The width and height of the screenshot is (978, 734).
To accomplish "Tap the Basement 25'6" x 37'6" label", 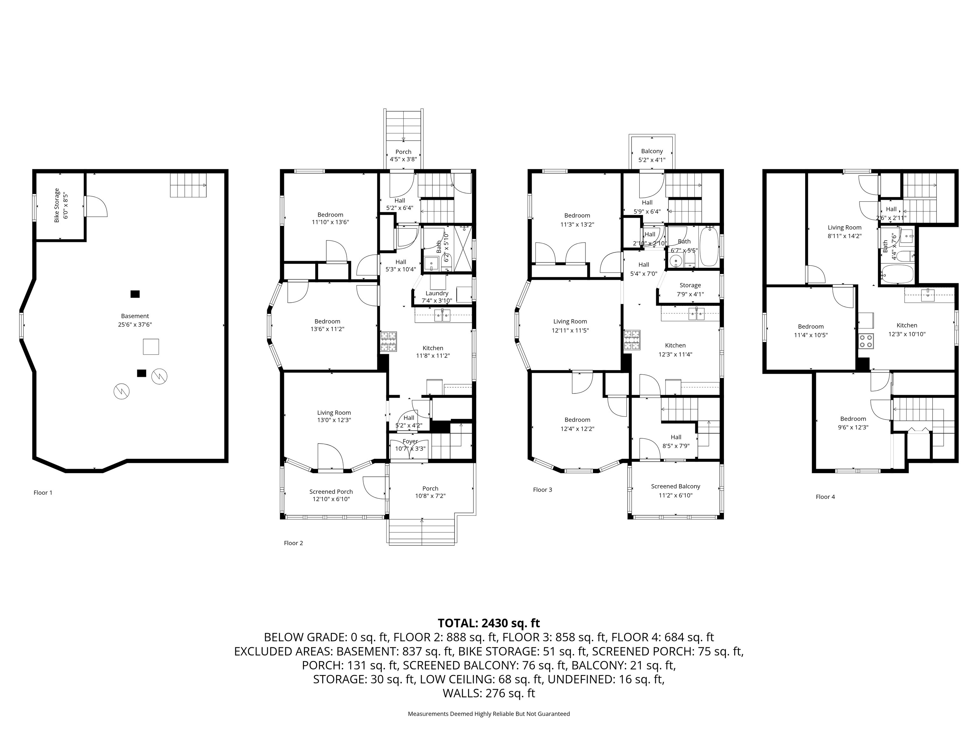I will pos(135,320).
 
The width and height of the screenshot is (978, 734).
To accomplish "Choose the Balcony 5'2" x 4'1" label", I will pos(652,155).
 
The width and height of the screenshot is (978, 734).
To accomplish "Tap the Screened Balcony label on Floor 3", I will pos(675,491).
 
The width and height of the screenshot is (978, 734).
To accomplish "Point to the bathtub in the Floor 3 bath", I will pos(709,247).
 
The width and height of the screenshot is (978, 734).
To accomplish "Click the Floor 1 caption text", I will pos(43,493).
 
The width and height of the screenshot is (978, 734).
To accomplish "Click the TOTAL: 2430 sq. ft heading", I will pos(489,623).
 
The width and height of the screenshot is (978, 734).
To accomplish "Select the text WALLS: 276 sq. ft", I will pos(489,693).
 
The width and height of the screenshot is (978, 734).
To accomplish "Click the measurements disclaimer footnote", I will pos(489,714).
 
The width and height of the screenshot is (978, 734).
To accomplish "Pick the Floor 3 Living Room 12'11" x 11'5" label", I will pos(570,326).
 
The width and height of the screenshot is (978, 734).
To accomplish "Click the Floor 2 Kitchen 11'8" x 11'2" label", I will pos(432,352).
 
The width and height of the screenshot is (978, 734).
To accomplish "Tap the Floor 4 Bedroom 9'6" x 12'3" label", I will pos(853,423).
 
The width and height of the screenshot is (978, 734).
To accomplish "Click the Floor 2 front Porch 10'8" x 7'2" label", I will pos(430,492).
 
